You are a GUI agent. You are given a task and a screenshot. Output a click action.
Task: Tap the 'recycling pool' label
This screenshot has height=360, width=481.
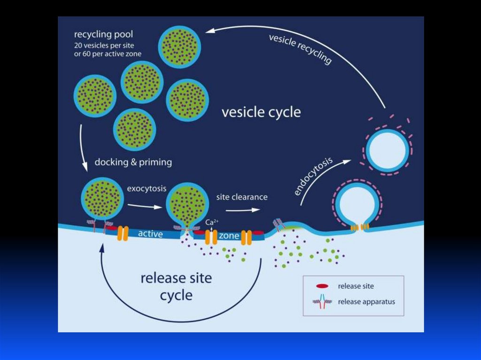tap(103, 35)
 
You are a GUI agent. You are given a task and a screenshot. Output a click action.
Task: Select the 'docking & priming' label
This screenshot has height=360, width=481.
tap(133, 162)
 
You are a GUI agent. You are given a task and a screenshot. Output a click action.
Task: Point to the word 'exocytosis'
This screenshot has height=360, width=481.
tap(147, 189)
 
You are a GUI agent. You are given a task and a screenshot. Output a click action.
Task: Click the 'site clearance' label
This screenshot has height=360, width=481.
tap(241, 197)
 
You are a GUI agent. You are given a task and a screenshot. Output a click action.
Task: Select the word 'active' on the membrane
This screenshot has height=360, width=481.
tap(151, 233)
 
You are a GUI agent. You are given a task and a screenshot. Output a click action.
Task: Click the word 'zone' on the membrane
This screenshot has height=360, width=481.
tap(229, 236)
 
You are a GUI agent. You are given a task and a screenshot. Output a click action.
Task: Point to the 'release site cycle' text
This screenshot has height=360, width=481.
tap(176, 286)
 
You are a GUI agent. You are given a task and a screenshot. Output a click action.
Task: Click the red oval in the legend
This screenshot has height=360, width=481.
tap(322, 286)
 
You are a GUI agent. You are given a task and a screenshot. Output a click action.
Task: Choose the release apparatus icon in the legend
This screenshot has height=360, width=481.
tap(322, 302)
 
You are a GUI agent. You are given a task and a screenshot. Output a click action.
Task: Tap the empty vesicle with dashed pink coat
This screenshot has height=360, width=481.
tap(387, 150)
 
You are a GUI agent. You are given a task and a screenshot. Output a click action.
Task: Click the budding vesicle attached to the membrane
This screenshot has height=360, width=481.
tap(357, 203)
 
